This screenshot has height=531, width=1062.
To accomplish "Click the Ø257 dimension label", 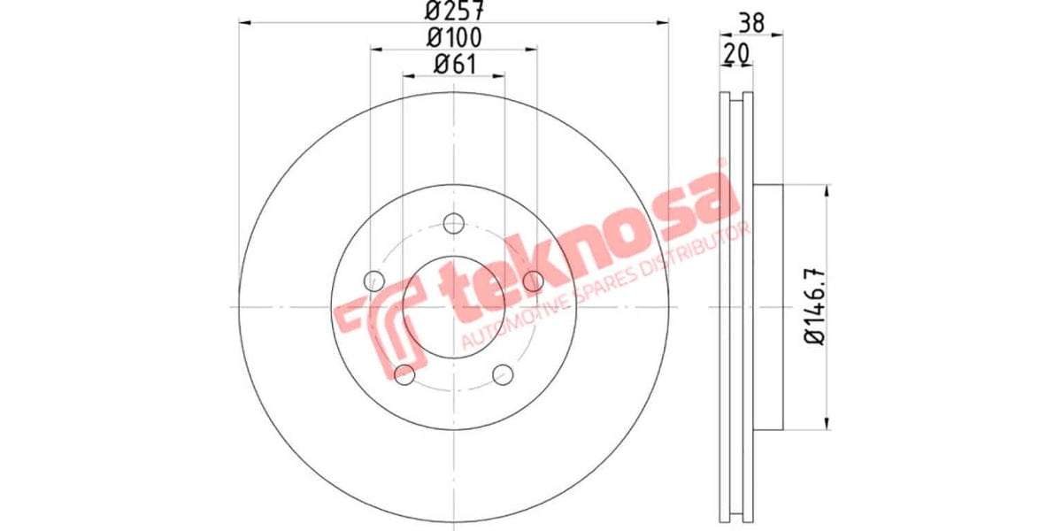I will point(453,12).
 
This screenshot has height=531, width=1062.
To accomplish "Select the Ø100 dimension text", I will point(453,37).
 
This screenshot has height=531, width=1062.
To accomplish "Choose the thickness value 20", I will point(735,54).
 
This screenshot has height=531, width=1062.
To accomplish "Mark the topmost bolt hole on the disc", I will point(454,222).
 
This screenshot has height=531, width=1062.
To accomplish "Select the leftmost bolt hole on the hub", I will point(373,281).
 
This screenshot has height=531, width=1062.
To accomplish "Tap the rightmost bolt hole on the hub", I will point(533,281).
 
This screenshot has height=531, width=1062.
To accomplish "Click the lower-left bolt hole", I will point(404,374).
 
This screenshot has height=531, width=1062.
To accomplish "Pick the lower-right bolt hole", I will point(504,374).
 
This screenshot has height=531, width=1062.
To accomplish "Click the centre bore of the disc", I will point(453,307).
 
